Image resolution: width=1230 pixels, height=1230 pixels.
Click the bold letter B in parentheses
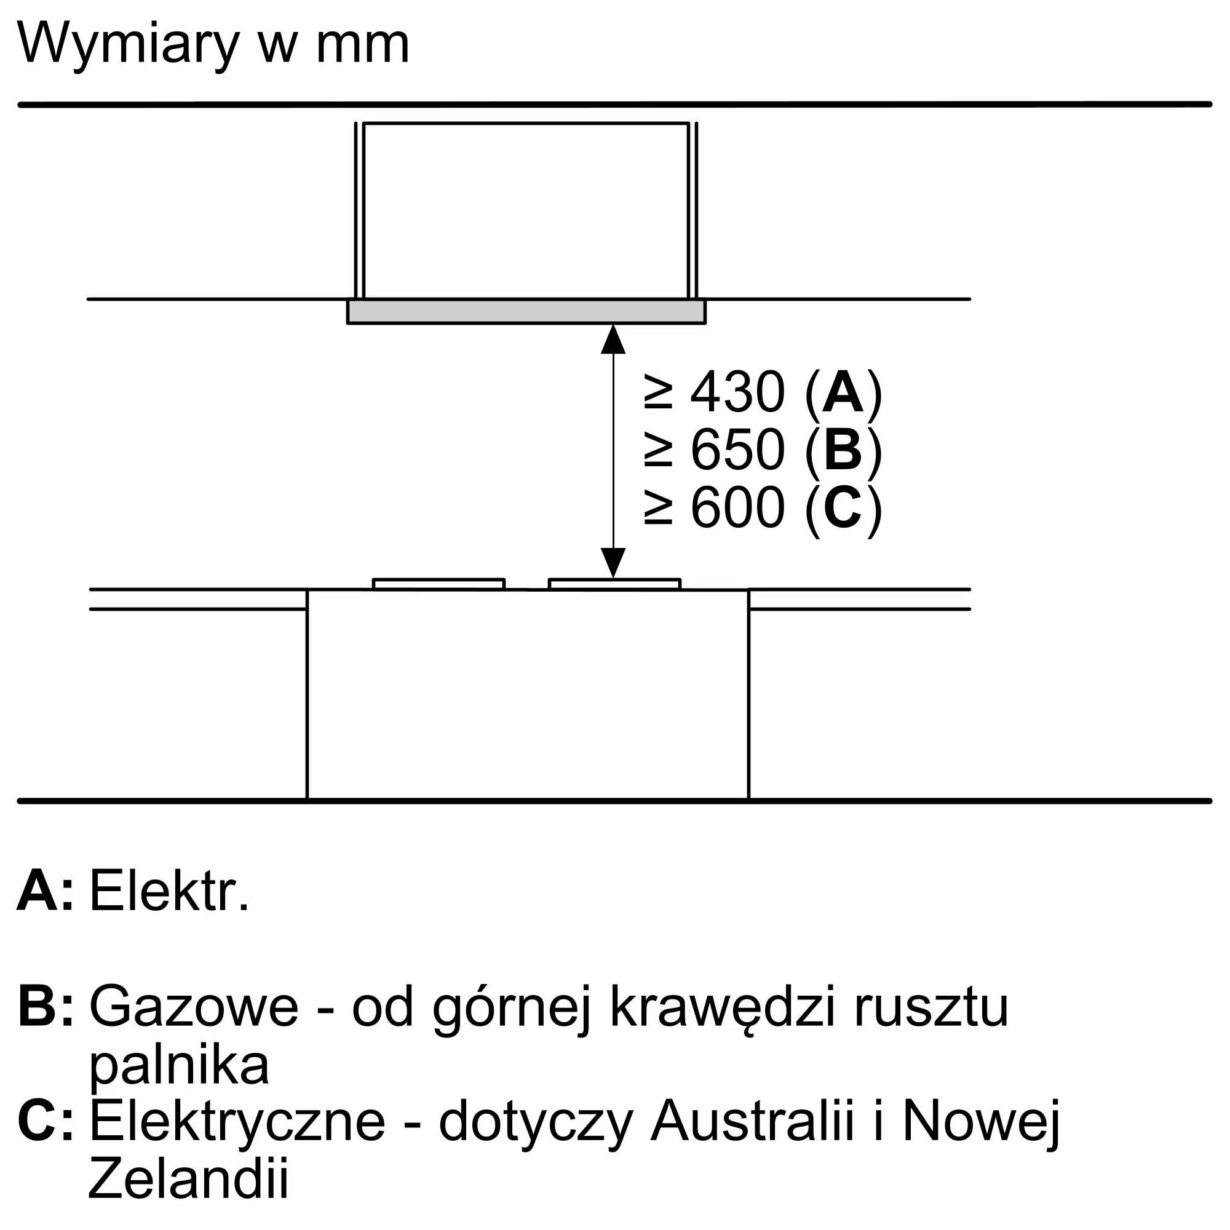(x=843, y=450)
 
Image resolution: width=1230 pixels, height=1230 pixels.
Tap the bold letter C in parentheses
(x=843, y=508)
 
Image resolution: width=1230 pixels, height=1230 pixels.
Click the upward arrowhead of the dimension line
(x=613, y=339)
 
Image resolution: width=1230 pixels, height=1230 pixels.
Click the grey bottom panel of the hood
(x=526, y=312)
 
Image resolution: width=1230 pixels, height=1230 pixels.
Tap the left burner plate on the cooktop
(x=438, y=584)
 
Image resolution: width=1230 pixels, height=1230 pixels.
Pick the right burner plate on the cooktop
(x=614, y=584)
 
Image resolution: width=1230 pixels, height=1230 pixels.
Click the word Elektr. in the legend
(x=169, y=891)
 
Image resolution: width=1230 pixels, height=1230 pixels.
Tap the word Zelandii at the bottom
(x=188, y=1178)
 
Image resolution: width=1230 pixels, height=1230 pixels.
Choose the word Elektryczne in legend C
(x=237, y=1122)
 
